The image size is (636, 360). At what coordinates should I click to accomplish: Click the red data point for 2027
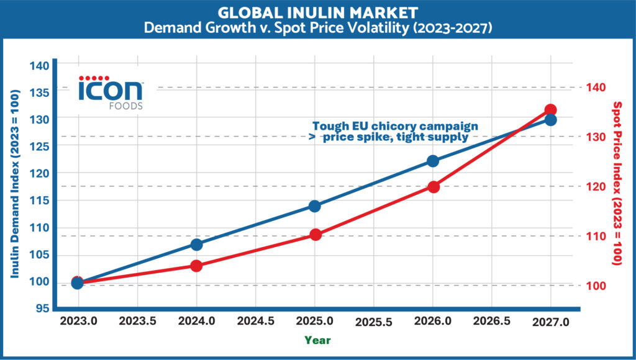(x=550, y=110)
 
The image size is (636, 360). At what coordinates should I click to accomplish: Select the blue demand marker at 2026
(x=433, y=161)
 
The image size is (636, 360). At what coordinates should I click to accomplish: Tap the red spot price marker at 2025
(x=315, y=235)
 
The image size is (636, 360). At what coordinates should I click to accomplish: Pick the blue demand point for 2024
(x=197, y=245)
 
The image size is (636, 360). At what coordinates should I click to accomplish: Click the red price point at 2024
(x=197, y=266)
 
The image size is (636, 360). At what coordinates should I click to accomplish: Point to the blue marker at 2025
(x=315, y=206)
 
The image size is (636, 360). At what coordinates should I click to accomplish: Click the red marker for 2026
(x=433, y=187)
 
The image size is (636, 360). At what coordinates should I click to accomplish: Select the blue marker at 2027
(x=551, y=120)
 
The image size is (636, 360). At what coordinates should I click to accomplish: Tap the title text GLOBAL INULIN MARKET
(x=317, y=13)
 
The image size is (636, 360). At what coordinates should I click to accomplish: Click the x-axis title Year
(x=317, y=340)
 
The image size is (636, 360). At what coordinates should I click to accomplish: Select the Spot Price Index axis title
(x=617, y=184)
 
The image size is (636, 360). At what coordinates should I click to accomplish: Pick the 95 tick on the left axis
(x=37, y=308)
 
